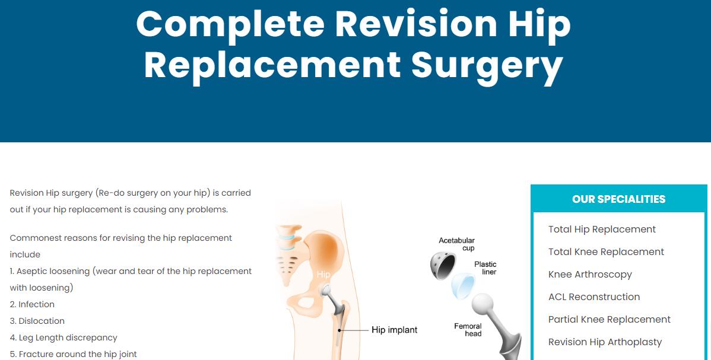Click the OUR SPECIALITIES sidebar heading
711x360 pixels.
(618, 199)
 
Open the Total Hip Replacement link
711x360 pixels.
(602, 230)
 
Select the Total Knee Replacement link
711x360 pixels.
(606, 252)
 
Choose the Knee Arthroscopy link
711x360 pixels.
(590, 275)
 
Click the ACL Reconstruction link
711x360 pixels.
(594, 297)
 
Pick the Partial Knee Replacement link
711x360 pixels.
(610, 320)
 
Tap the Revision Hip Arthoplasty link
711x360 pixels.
(605, 342)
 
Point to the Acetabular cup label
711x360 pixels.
(456, 244)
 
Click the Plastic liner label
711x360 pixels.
(485, 268)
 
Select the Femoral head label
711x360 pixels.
(468, 330)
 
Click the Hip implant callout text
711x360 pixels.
(395, 330)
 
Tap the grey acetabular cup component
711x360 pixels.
(443, 265)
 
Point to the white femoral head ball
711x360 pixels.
(483, 304)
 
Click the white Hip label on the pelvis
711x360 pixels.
(323, 275)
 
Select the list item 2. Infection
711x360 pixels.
(32, 305)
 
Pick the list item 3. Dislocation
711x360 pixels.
(37, 321)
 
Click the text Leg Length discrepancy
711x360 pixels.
(68, 338)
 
